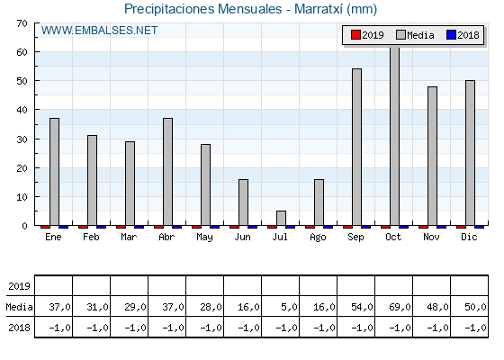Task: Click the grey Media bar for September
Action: click(x=356, y=147)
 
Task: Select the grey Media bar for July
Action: click(x=281, y=218)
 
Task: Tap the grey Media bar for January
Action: click(x=54, y=172)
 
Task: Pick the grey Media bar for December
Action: click(x=470, y=153)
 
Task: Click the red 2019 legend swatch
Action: click(x=355, y=35)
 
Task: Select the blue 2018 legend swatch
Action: click(x=451, y=35)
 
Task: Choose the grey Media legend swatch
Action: click(x=400, y=35)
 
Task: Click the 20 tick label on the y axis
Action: click(x=22, y=168)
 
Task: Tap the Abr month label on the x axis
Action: click(x=166, y=238)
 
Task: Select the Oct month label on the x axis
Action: click(x=393, y=238)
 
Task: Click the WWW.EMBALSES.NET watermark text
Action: click(x=99, y=31)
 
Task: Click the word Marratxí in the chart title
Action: click(x=319, y=9)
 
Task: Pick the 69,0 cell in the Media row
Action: click(x=400, y=307)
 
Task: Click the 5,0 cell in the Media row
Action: click(x=289, y=307)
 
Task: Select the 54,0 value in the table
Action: click(x=362, y=307)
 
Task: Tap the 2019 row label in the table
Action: click(x=19, y=286)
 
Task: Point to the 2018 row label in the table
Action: click(x=19, y=328)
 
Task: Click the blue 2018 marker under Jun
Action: click(x=252, y=227)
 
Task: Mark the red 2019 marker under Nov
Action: click(x=423, y=227)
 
